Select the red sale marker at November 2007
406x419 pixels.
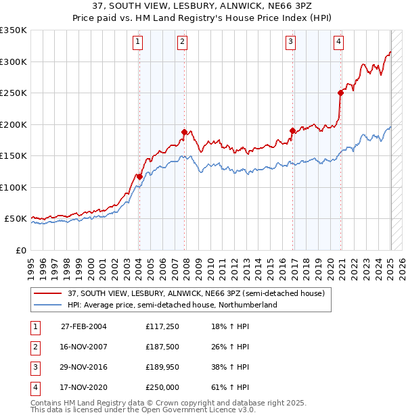pyautogui.click(x=184, y=132)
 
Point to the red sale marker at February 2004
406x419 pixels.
pyautogui.click(x=139, y=176)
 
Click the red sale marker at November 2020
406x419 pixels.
pyautogui.click(x=340, y=93)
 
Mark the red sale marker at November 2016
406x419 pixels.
pyautogui.click(x=292, y=130)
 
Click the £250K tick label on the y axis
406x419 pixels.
pyautogui.click(x=14, y=93)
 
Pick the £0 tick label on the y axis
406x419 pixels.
pyautogui.click(x=20, y=251)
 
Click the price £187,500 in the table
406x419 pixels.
pyautogui.click(x=162, y=347)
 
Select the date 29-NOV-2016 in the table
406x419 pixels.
pyautogui.click(x=84, y=368)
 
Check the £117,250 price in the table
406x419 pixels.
pyautogui.click(x=162, y=327)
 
